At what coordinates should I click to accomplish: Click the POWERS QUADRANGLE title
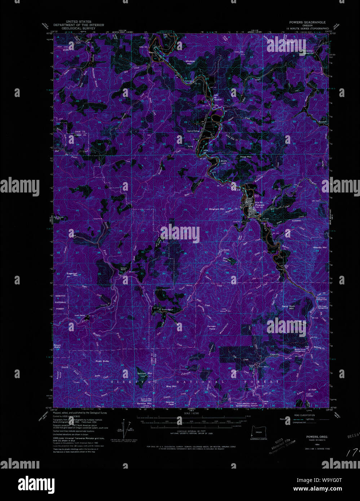307,22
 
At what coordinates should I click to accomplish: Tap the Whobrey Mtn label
190,62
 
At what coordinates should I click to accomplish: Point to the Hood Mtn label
245,157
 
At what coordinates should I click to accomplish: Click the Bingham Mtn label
217,209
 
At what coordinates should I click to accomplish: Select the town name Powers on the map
260,205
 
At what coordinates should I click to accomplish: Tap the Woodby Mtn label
320,248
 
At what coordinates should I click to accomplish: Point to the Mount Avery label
57,346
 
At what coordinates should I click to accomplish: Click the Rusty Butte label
102,361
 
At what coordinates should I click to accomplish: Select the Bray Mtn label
171,386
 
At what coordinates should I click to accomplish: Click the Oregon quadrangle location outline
258,431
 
